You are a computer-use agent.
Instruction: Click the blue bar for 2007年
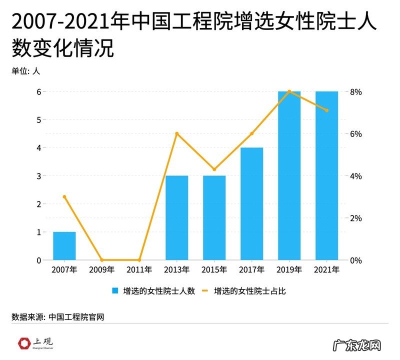[64, 246]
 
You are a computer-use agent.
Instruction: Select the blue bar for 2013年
[176, 218]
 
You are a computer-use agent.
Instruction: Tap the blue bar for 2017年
[251, 204]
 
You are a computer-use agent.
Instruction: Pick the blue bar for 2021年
[326, 176]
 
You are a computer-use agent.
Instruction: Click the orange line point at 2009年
[102, 260]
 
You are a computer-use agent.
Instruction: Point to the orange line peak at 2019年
[289, 91]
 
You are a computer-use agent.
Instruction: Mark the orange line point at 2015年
[214, 169]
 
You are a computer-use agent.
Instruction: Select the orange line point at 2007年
[64, 197]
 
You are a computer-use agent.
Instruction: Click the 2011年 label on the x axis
[139, 270]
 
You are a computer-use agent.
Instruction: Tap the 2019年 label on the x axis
[289, 270]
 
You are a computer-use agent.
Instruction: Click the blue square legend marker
[115, 290]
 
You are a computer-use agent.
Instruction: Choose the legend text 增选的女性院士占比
[249, 290]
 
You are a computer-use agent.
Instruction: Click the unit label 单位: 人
[25, 71]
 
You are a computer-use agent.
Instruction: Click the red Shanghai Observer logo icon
[23, 343]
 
